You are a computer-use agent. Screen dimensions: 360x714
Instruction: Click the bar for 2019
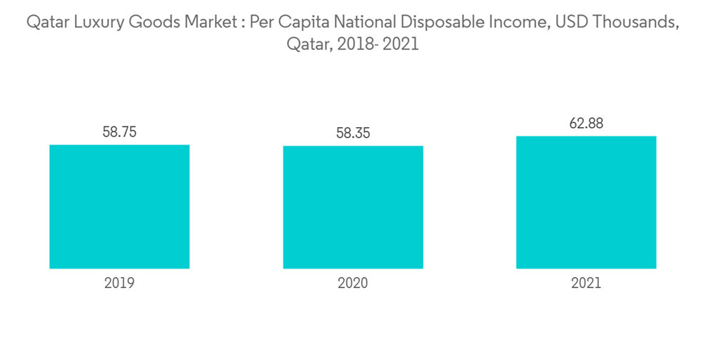click(119, 206)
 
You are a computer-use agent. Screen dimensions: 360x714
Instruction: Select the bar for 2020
click(353, 207)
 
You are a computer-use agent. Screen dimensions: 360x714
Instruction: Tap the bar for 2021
click(585, 202)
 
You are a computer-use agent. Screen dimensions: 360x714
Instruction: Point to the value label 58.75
click(119, 132)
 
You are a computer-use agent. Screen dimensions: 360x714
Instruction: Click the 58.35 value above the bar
click(353, 134)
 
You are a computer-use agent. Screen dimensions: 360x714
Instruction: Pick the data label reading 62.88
click(586, 123)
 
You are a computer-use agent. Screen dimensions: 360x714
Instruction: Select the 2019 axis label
click(119, 284)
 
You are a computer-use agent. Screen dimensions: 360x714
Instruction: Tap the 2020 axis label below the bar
click(353, 284)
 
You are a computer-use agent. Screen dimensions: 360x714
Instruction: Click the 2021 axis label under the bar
click(586, 284)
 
